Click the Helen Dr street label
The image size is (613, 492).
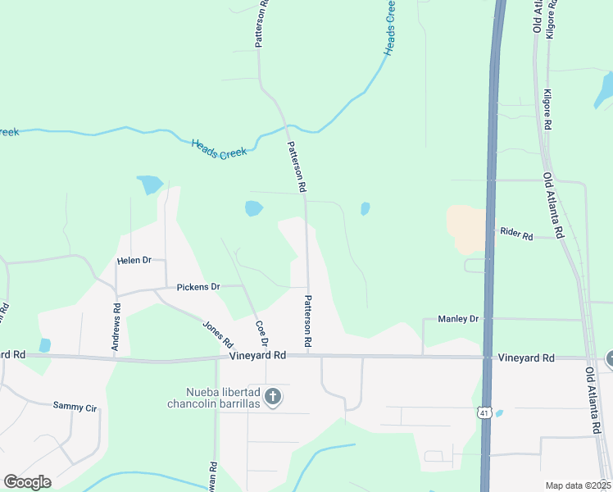[x=135, y=260]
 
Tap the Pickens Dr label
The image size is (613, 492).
[x=198, y=288]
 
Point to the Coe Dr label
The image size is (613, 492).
[x=262, y=332]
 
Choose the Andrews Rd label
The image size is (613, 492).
[x=117, y=328]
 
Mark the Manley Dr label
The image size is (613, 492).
[x=457, y=318]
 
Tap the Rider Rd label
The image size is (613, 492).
[x=516, y=235]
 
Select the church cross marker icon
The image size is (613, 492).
[x=274, y=398]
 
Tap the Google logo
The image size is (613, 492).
[x=26, y=482]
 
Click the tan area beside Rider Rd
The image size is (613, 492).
[x=465, y=229]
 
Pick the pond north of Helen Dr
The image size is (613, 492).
[x=149, y=184]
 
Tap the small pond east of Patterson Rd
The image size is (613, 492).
[x=365, y=208]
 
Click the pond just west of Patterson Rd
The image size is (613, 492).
[x=253, y=208]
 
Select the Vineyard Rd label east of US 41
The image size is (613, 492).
[x=526, y=358]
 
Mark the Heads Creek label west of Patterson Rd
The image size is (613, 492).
[x=219, y=148]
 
